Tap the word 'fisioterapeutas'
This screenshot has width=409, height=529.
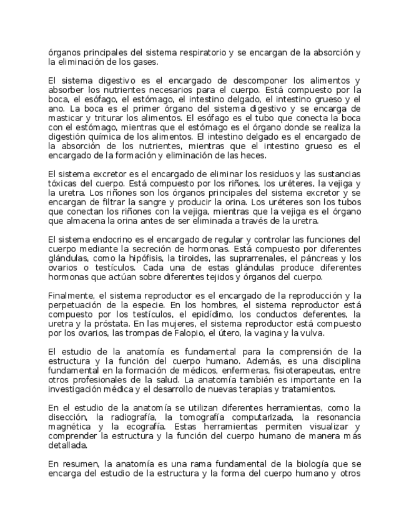283,371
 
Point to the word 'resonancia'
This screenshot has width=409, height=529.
337,417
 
